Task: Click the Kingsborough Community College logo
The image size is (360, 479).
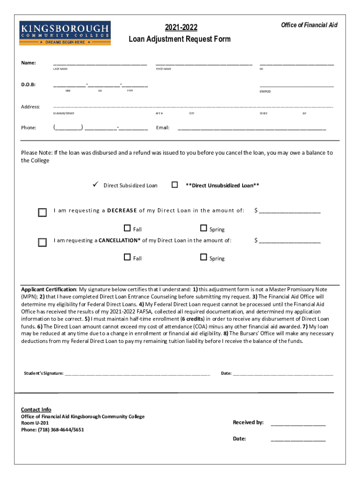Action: coord(65,33)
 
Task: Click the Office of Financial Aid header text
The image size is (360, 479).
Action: coord(309,25)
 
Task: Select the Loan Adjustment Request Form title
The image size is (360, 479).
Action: coord(180,39)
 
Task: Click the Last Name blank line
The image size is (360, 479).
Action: coord(100,64)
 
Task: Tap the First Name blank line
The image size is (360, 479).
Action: coord(204,64)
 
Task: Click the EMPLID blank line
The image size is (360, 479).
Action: coord(297,86)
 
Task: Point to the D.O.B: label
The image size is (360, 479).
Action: coord(29,85)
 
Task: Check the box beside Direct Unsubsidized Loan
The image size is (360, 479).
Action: coord(175,185)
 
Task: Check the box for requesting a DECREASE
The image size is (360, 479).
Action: coord(43,212)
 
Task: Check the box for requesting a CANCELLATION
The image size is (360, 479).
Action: coord(43,242)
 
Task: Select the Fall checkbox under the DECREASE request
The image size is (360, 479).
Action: coord(127,228)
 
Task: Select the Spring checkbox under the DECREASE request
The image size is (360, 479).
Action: coord(203,228)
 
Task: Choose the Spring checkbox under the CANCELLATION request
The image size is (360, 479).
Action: coord(203,257)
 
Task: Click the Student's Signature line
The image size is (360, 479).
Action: coord(137,374)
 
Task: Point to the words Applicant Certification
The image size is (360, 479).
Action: coord(49,289)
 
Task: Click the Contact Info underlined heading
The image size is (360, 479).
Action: coord(36,410)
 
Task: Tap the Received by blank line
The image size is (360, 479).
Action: coord(298,424)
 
